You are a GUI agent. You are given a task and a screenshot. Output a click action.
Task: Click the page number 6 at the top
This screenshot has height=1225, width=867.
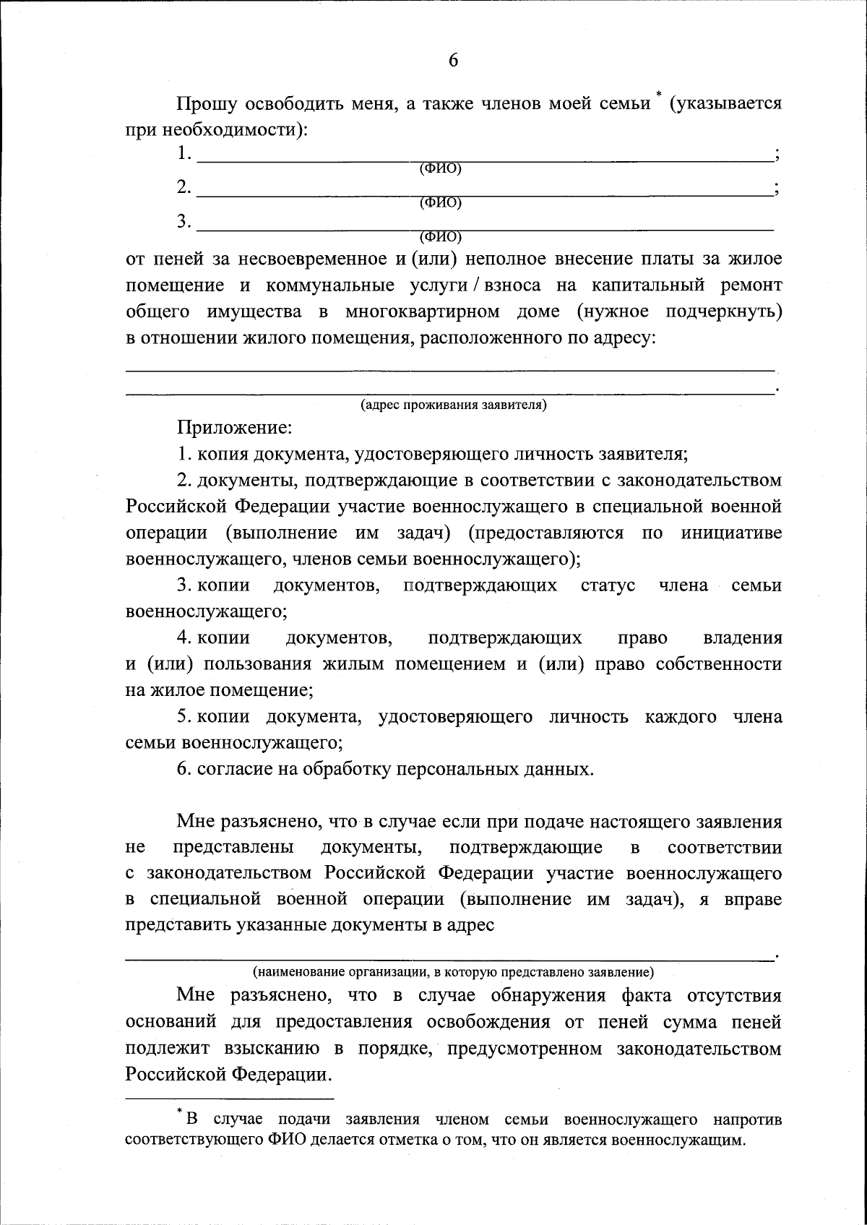tap(453, 60)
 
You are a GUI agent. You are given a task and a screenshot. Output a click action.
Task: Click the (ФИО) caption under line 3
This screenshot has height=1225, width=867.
tap(441, 236)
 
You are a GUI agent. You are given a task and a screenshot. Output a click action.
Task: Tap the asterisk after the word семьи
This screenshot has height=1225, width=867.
tap(658, 95)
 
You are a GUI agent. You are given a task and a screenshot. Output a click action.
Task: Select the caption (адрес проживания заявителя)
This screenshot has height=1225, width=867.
tap(454, 405)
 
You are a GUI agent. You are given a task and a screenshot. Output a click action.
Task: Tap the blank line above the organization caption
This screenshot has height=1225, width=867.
tap(448, 958)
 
